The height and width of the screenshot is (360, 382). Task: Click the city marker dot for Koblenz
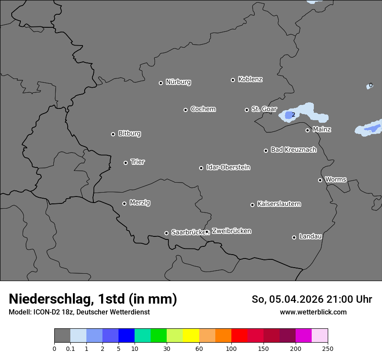point(233,80)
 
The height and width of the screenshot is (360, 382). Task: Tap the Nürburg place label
point(178,82)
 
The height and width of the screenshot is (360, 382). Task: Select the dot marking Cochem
point(185,110)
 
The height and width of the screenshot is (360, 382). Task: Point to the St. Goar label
point(264,109)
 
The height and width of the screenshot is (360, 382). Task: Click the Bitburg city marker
point(113,134)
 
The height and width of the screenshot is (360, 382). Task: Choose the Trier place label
point(138,162)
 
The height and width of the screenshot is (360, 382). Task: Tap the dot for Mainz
point(307,130)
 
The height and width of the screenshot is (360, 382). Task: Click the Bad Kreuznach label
point(293,150)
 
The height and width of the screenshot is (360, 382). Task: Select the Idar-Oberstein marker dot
point(201,168)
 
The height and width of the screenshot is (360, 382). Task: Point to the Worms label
point(336,179)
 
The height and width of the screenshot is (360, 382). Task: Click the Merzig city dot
point(124,203)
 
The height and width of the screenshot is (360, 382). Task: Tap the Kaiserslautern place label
point(279,204)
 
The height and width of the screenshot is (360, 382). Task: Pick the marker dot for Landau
point(294,237)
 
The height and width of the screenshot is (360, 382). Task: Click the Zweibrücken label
point(231,231)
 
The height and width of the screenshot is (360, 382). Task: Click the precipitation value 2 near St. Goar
point(293,115)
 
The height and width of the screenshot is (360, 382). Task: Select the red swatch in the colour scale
point(239,336)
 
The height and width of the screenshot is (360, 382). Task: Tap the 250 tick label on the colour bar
point(328,348)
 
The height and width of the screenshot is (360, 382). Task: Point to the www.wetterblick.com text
point(313,312)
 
